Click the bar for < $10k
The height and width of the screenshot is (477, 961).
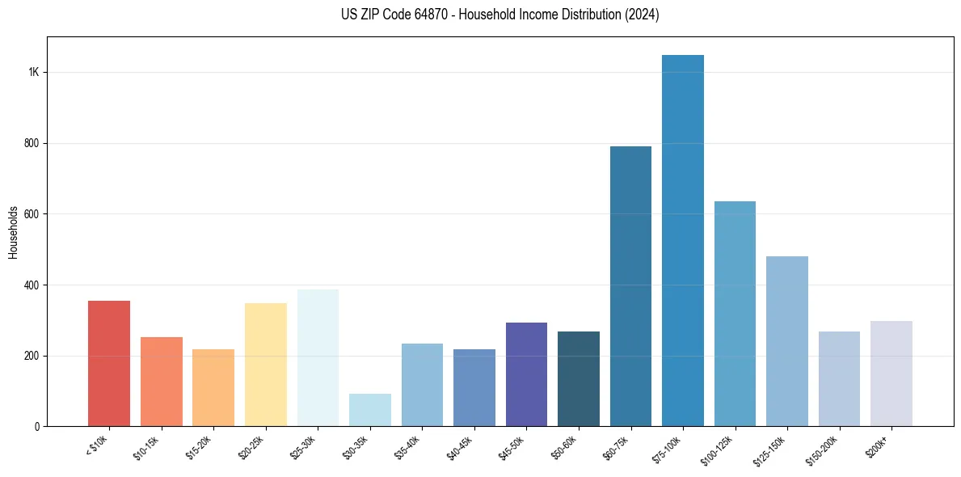(x=109, y=364)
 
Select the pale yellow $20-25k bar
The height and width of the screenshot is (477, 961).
(x=265, y=365)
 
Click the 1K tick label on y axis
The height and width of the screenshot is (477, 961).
(x=33, y=72)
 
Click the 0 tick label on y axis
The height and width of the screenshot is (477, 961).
(x=36, y=427)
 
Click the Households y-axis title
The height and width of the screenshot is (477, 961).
(x=14, y=232)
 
